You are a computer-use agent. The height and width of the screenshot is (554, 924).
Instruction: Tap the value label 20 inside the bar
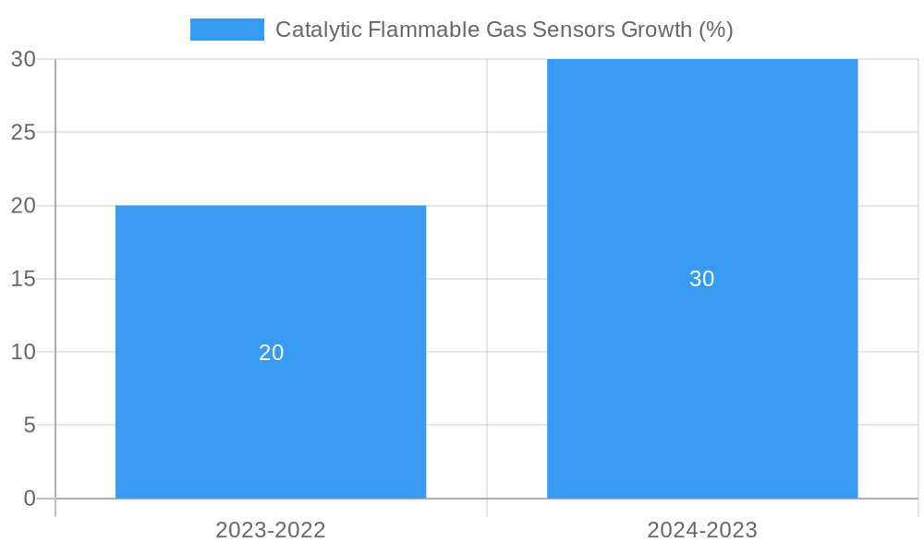(271, 353)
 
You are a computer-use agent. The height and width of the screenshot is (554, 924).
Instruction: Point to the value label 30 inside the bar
(702, 279)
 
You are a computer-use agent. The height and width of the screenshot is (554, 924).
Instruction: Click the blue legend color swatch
(226, 30)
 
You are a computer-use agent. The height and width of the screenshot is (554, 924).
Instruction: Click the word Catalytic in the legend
(318, 30)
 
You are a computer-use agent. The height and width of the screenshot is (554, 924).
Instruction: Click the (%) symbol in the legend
(716, 30)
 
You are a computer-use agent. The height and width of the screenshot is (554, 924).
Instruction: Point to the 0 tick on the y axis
(29, 499)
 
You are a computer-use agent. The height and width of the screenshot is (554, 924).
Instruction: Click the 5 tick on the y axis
(29, 426)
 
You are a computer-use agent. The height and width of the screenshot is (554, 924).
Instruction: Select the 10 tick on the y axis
(23, 352)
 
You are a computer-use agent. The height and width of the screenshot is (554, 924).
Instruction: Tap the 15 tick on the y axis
(23, 279)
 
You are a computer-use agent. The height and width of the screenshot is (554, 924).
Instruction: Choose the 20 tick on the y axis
(23, 206)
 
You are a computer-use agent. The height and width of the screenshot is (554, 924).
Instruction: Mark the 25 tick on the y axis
(23, 132)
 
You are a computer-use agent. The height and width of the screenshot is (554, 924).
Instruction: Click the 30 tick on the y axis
(23, 59)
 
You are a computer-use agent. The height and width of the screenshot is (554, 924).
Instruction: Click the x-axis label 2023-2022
(271, 530)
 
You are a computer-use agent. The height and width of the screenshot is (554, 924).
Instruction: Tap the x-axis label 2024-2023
(702, 530)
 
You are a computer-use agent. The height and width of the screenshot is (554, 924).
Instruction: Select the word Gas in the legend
(506, 30)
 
